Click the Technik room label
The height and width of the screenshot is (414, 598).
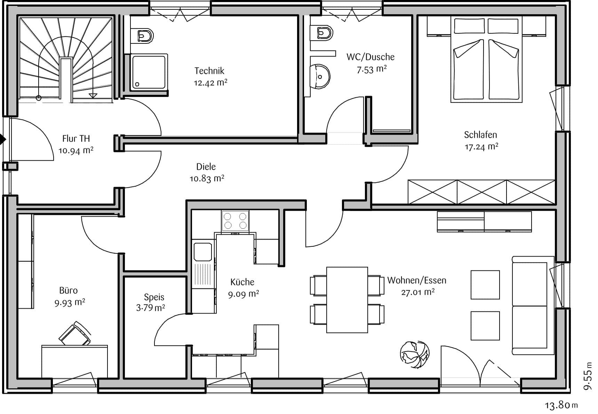click(x=209, y=71)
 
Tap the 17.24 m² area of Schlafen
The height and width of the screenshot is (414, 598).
click(x=481, y=147)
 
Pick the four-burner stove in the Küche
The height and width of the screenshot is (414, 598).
click(x=235, y=221)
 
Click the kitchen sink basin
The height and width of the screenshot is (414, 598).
click(x=203, y=252)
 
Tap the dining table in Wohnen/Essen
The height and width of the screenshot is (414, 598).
click(x=347, y=300)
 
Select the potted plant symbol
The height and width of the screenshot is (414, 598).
click(x=414, y=354)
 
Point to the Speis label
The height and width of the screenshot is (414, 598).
click(x=154, y=297)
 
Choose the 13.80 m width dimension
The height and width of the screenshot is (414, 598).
click(x=561, y=405)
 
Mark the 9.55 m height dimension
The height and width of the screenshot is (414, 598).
click(x=588, y=376)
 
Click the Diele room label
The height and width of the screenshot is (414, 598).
click(x=206, y=167)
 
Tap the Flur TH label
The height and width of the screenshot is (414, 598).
click(x=76, y=138)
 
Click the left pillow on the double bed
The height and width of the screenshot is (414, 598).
click(x=469, y=26)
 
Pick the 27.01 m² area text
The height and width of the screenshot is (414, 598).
click(x=418, y=292)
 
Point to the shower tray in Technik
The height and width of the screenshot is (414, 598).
click(x=149, y=72)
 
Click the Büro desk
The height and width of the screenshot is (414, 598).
click(x=74, y=362)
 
